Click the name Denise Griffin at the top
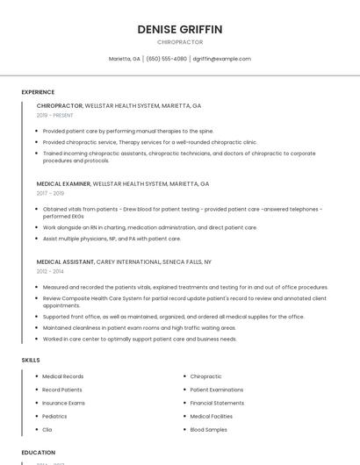point(180,29)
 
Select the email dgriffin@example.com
point(221,59)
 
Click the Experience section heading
point(38,92)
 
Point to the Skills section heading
point(31,360)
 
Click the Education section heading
point(39,453)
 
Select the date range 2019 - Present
point(55,115)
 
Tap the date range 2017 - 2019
point(50,193)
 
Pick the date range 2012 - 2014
point(50,271)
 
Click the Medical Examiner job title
point(64,184)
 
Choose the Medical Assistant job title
point(65,261)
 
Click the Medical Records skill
point(63,376)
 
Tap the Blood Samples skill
point(209,430)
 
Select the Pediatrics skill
point(54,416)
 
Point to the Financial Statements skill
point(217,403)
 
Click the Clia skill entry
point(47,430)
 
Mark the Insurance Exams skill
point(64,403)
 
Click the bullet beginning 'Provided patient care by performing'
point(128,131)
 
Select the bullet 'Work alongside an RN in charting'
point(150,227)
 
